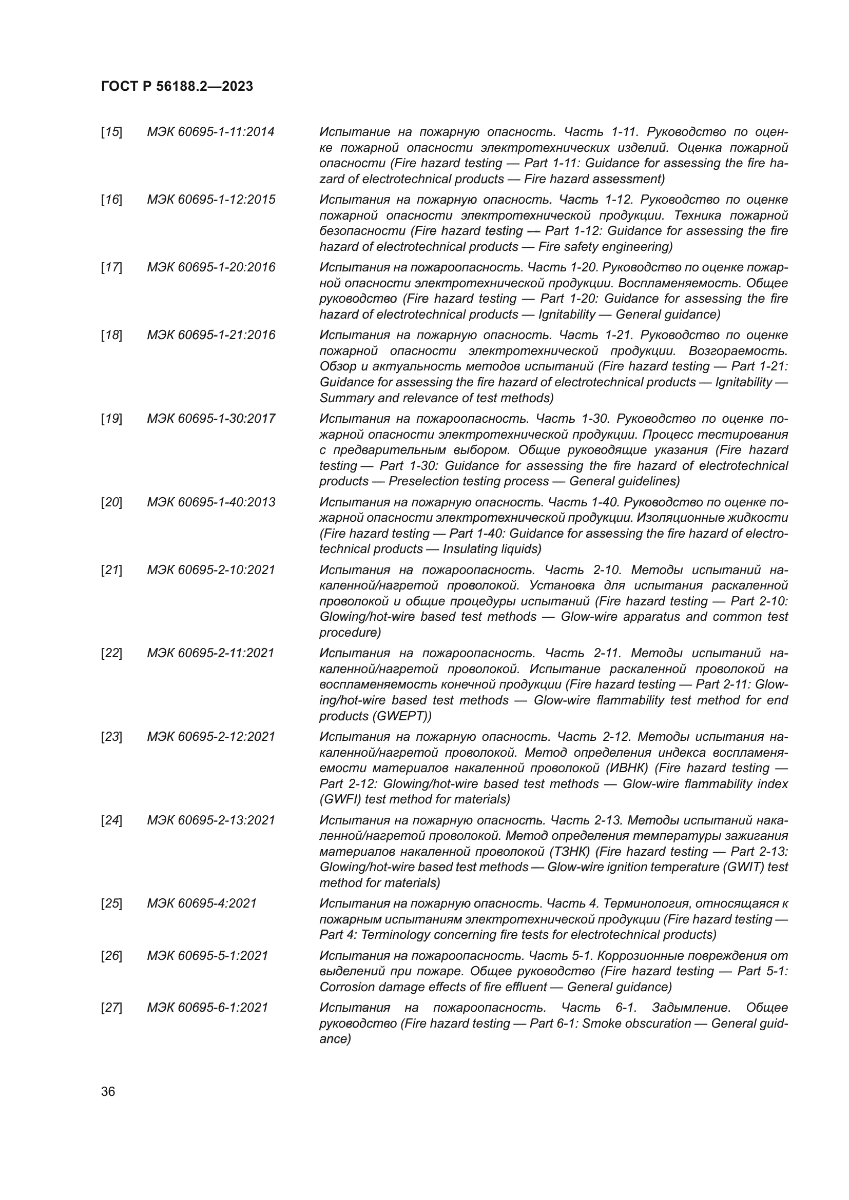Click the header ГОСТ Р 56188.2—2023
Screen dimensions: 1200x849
(x=177, y=86)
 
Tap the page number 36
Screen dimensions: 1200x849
(x=108, y=1092)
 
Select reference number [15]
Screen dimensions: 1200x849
(x=111, y=132)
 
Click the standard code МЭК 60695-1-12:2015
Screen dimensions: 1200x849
(x=210, y=200)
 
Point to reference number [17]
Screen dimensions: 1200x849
(x=111, y=268)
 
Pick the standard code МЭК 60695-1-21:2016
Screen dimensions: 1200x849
(x=210, y=335)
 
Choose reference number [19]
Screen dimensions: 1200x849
(x=111, y=419)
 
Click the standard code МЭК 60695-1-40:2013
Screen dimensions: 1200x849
(x=210, y=502)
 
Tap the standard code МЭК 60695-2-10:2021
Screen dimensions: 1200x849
(x=210, y=569)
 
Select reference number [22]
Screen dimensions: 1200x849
(x=111, y=653)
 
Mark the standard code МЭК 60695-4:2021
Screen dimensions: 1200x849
(x=202, y=903)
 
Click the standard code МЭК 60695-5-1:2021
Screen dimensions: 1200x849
(x=207, y=955)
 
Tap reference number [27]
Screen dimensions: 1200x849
(x=111, y=1007)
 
